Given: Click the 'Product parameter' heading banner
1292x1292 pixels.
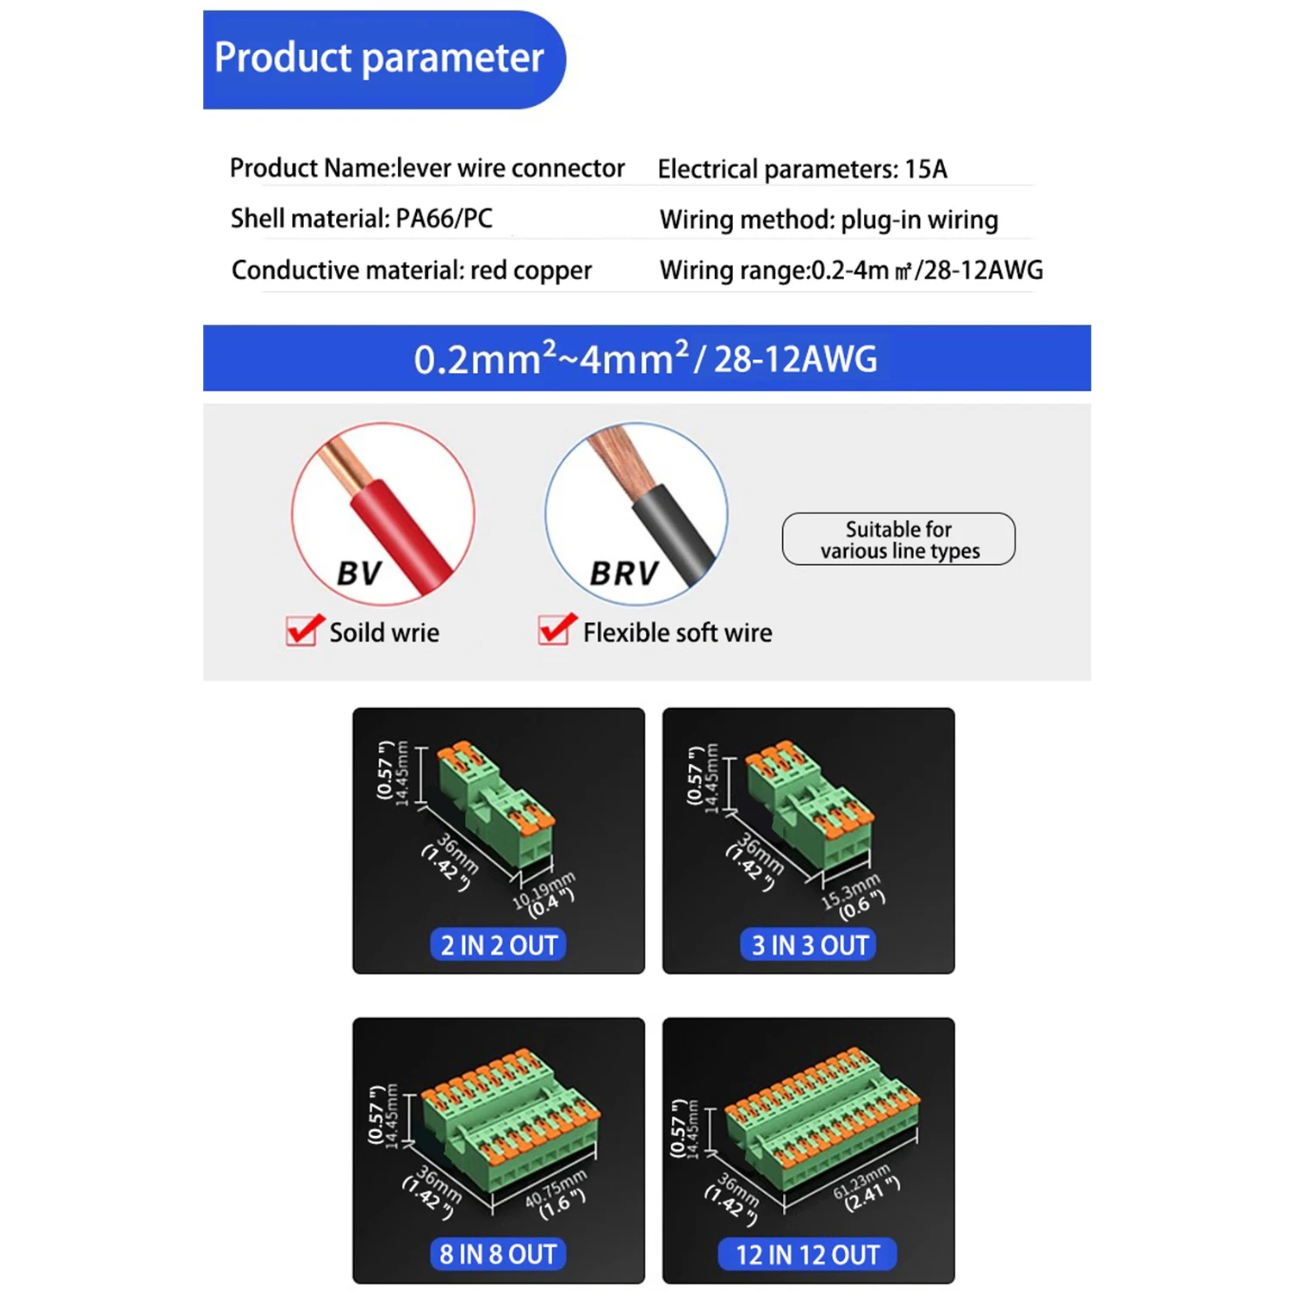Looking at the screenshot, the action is (x=384, y=59).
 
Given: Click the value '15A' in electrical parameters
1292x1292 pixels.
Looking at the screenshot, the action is (x=926, y=169).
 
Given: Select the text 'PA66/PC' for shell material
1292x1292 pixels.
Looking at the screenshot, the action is (x=444, y=219).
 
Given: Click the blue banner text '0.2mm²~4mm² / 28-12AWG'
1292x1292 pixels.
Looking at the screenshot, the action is (x=646, y=359).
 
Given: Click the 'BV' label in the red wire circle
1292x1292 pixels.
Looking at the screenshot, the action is (x=359, y=574).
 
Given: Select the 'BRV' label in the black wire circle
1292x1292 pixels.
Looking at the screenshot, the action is (x=624, y=574).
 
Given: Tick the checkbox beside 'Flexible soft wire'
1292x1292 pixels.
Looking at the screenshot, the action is (x=557, y=630).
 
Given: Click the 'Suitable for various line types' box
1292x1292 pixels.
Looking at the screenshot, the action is (x=899, y=539).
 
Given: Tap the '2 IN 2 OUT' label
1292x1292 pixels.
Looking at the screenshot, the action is (x=499, y=945).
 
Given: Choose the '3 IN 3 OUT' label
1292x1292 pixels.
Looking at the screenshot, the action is (x=809, y=945).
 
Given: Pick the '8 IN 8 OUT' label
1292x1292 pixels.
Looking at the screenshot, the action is (x=498, y=1254).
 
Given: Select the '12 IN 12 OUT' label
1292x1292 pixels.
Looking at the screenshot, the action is (x=808, y=1255).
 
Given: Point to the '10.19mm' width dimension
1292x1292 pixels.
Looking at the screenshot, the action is (x=544, y=891).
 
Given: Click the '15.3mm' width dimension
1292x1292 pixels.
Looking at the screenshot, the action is (x=851, y=891).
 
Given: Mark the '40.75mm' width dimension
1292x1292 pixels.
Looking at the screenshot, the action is (x=556, y=1187).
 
